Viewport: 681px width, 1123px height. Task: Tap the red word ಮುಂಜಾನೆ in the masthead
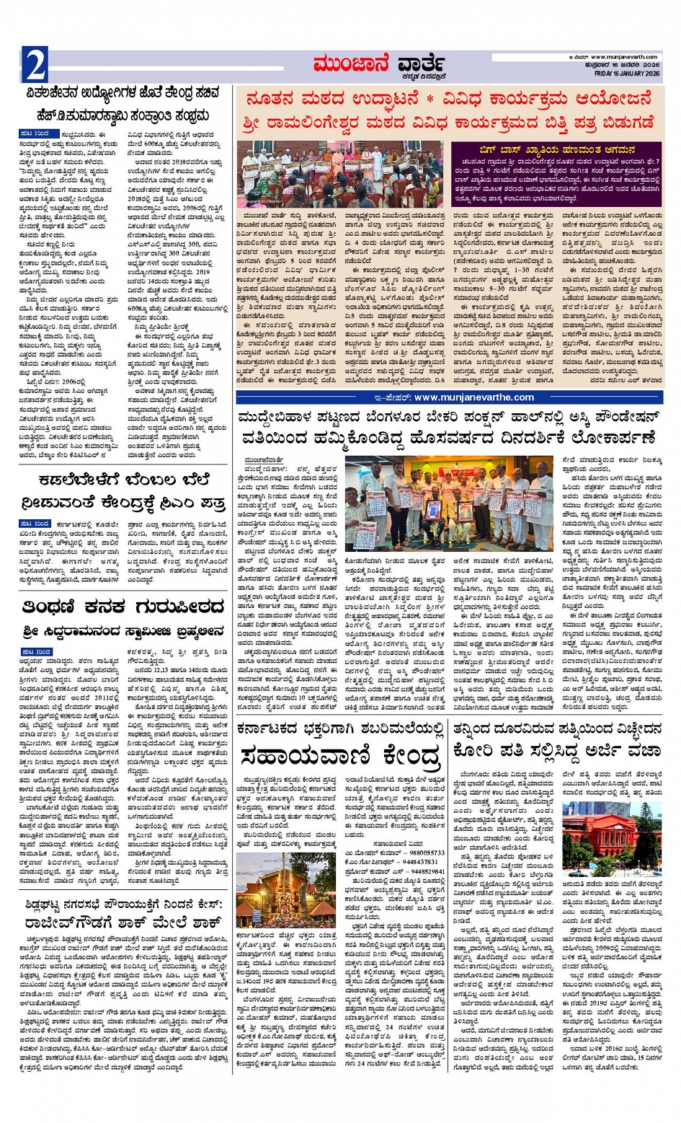pos(350,65)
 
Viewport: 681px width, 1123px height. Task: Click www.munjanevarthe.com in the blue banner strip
pos(473,397)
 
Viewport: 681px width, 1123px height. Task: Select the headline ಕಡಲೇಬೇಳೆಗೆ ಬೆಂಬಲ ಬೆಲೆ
pos(125,480)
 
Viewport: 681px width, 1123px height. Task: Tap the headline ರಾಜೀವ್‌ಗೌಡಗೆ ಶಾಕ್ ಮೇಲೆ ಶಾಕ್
pos(126,922)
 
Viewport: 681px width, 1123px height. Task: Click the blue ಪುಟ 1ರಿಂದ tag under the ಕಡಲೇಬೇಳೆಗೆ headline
pos(35,524)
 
